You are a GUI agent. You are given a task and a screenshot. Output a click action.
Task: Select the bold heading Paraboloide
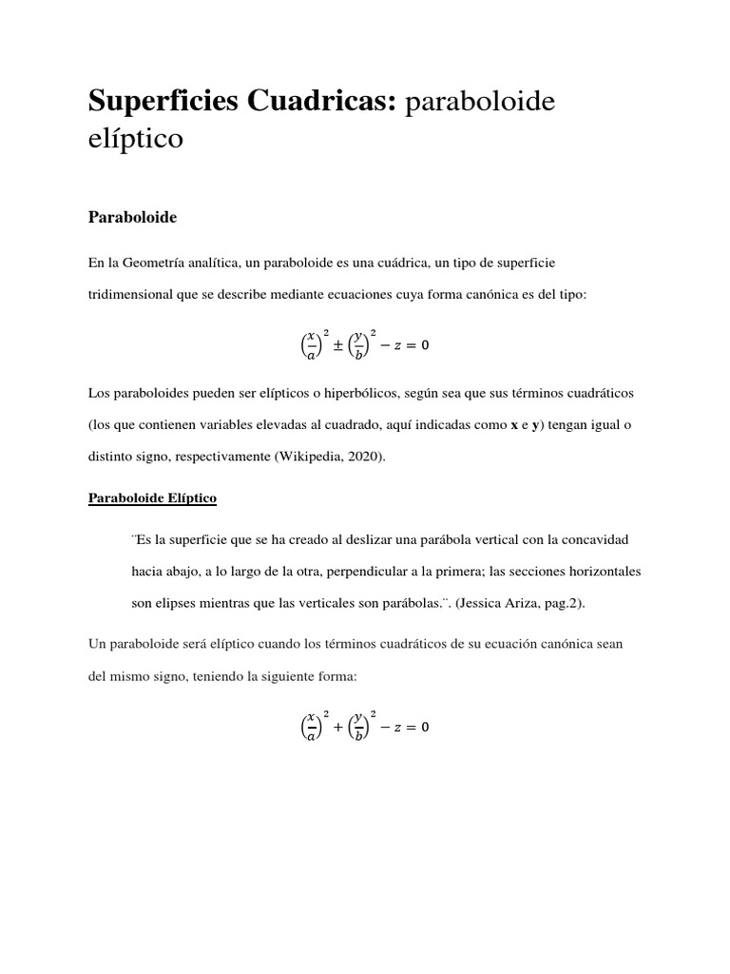(x=132, y=218)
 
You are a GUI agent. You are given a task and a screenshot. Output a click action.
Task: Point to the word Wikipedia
(x=310, y=456)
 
